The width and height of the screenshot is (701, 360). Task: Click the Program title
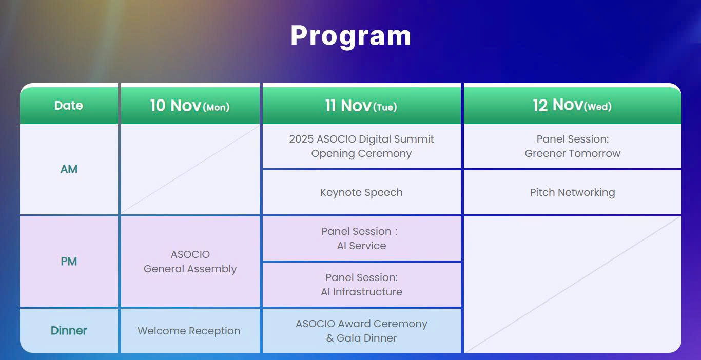pos(350,37)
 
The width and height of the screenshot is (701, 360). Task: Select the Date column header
pos(69,106)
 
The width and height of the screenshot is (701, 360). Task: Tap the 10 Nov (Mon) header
pos(190,106)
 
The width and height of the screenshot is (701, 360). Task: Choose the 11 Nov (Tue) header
pos(361,106)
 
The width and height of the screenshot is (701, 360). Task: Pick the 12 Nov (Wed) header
pos(572,106)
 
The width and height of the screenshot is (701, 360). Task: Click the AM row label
pos(69,169)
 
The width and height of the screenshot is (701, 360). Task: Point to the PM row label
pos(69,261)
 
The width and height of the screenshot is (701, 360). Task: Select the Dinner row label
pos(69,331)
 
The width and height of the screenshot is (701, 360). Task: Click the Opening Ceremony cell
pos(361,146)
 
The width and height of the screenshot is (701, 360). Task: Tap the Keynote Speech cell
pos(361,192)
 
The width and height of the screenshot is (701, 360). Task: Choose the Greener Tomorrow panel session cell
pos(572,146)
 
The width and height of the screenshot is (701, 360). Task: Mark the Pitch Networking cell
pos(572,192)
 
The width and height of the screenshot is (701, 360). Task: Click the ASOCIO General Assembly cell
pos(190,262)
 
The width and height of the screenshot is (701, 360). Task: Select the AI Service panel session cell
pos(361,238)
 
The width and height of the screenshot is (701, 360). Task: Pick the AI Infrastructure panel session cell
pos(361,285)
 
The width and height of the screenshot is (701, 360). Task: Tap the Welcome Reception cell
pos(190,331)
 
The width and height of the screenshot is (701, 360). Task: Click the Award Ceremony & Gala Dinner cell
pos(361,331)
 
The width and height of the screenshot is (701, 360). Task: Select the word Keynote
pos(340,193)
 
